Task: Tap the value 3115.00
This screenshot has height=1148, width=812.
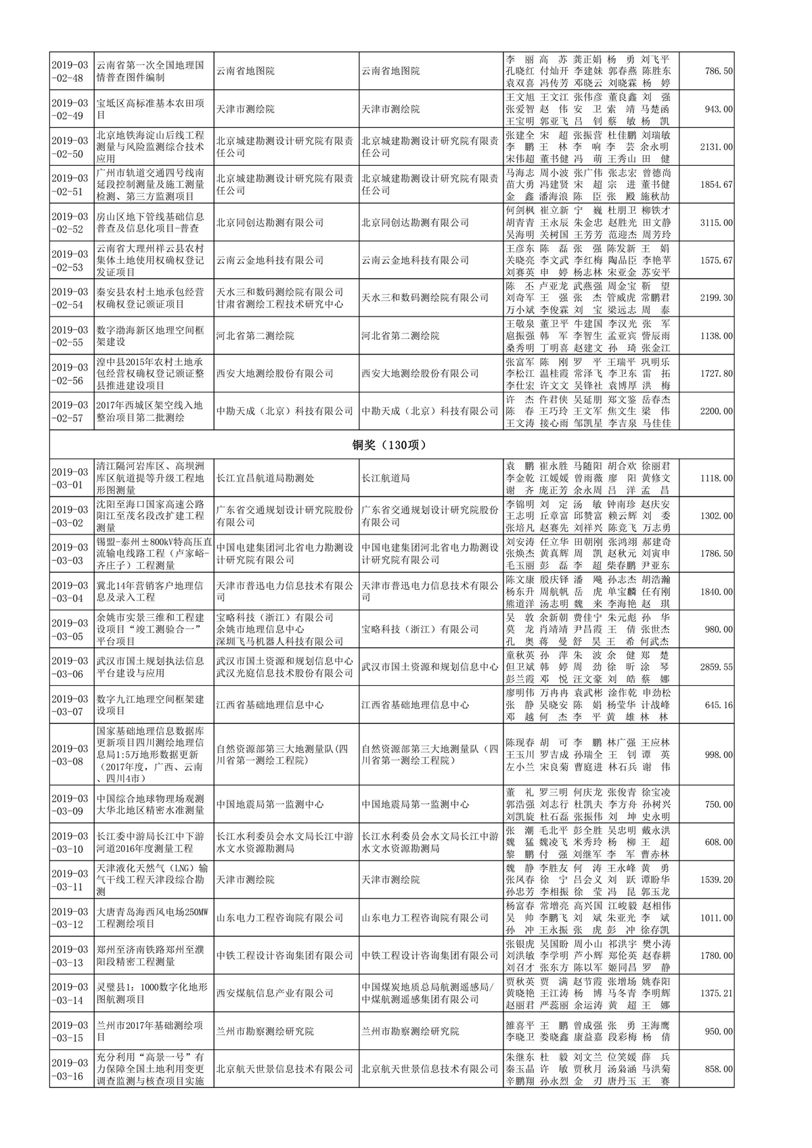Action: click(x=716, y=223)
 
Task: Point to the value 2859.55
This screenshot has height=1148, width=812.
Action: click(x=716, y=667)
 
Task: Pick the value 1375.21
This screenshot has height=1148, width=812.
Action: click(x=716, y=993)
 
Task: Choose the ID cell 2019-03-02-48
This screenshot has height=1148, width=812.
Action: click(x=70, y=71)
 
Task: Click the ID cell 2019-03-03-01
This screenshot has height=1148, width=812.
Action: click(x=70, y=478)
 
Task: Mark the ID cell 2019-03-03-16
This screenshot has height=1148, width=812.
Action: click(x=70, y=1069)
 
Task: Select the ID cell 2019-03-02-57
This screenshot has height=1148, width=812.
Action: click(x=70, y=411)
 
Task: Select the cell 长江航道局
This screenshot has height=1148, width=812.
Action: click(x=386, y=478)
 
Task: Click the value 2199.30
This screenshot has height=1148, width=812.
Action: click(x=716, y=298)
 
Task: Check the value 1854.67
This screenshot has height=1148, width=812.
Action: click(x=716, y=185)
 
